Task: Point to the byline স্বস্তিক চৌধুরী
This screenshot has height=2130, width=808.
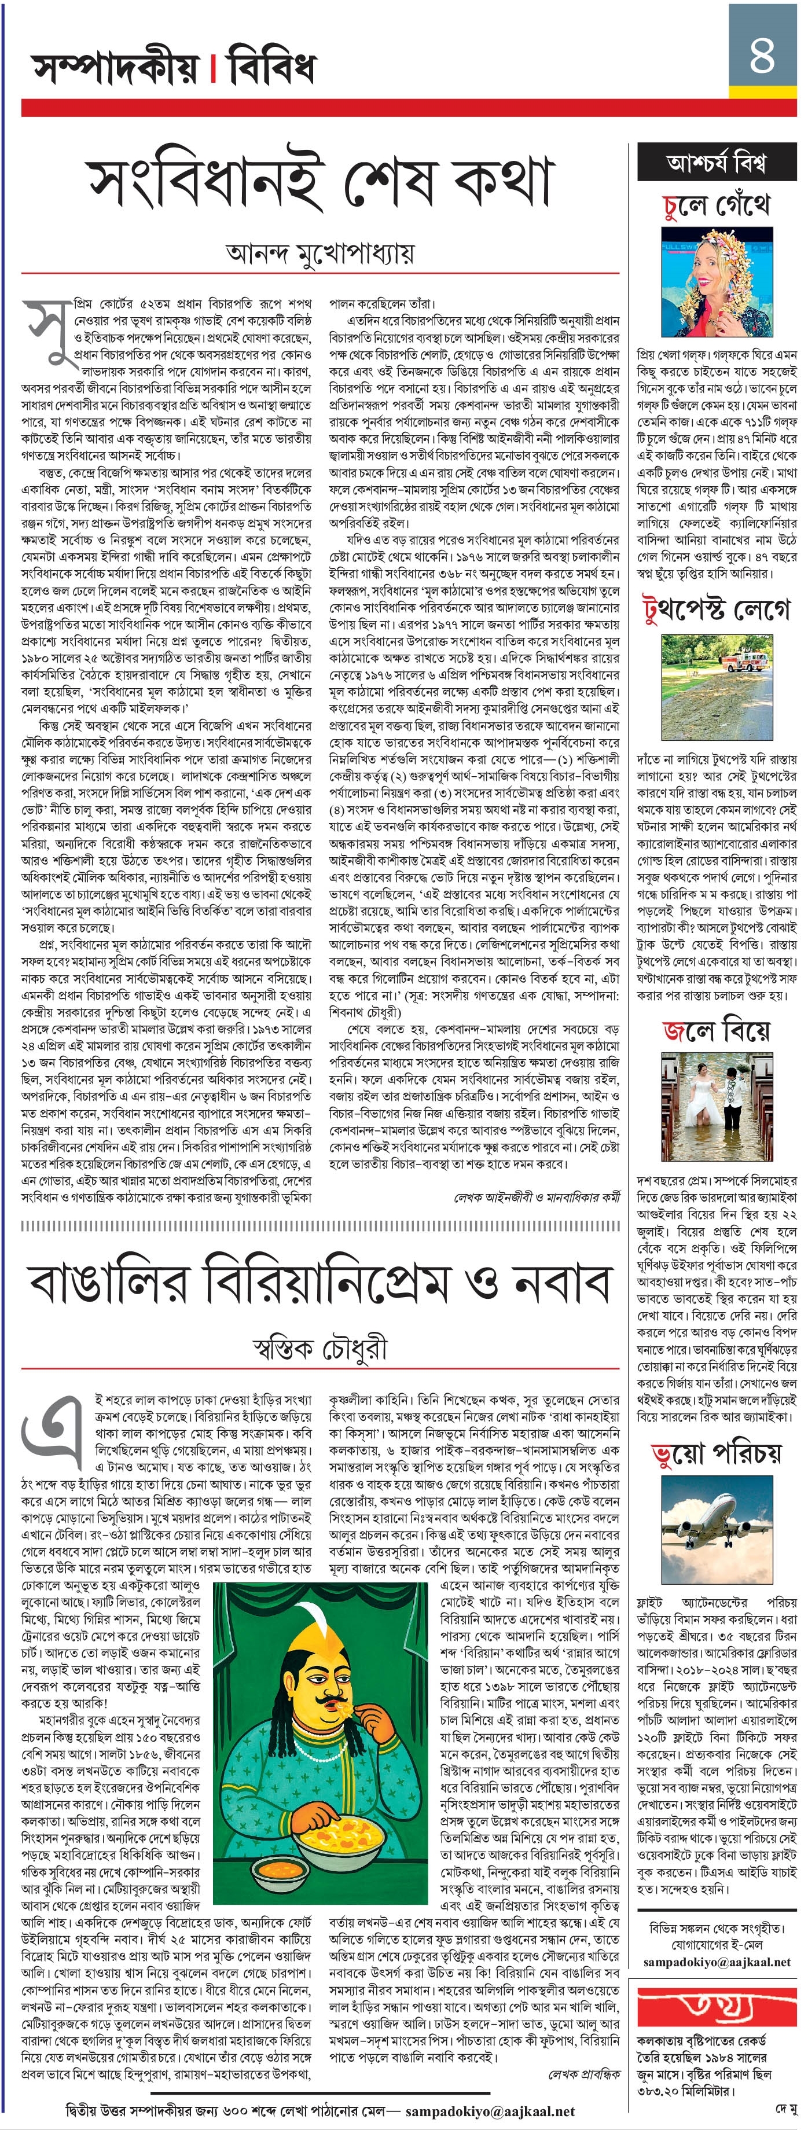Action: coord(319,1349)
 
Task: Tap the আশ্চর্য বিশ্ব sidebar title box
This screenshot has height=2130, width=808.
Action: coord(716,163)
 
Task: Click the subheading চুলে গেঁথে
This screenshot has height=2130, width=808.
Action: coord(716,205)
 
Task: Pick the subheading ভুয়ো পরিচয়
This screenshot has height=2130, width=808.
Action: coord(716,1453)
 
